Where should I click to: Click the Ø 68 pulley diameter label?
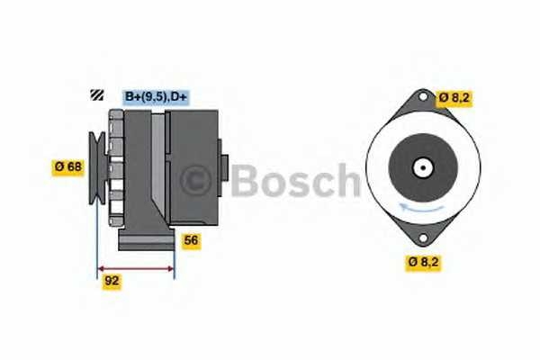(x=68, y=167)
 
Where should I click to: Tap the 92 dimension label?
(x=112, y=281)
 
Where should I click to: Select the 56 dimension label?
(x=191, y=240)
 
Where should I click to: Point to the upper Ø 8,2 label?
(x=454, y=97)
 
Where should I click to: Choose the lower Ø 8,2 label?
(x=423, y=262)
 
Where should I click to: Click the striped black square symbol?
(x=97, y=95)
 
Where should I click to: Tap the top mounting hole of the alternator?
(x=423, y=97)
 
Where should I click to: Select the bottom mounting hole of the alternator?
(x=423, y=238)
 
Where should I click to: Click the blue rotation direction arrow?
(x=421, y=207)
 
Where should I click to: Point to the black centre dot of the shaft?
(x=423, y=167)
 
